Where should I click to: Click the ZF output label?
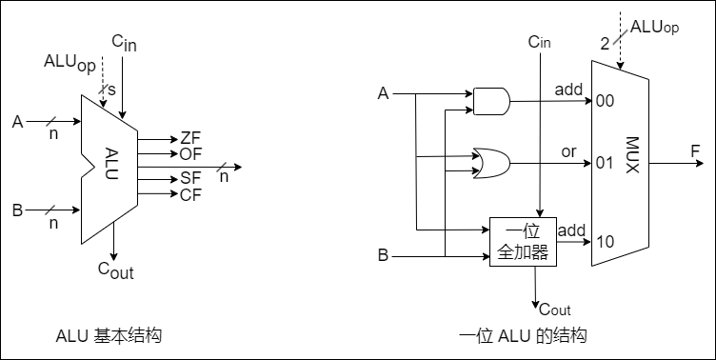click(x=189, y=138)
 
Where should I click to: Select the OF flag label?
click(x=189, y=153)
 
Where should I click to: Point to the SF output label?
click(x=189, y=178)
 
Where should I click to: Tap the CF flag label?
click(x=189, y=194)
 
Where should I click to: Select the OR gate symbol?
click(x=490, y=163)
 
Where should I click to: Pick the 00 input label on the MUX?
click(x=605, y=101)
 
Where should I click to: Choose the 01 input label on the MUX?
click(x=605, y=163)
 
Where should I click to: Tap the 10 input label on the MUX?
click(x=605, y=242)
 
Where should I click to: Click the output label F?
click(x=696, y=150)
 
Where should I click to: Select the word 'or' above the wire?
click(x=568, y=150)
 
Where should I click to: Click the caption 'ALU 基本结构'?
click(x=109, y=336)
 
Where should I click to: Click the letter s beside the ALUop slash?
click(x=111, y=89)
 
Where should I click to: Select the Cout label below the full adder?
click(x=554, y=309)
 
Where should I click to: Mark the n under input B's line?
click(x=53, y=223)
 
